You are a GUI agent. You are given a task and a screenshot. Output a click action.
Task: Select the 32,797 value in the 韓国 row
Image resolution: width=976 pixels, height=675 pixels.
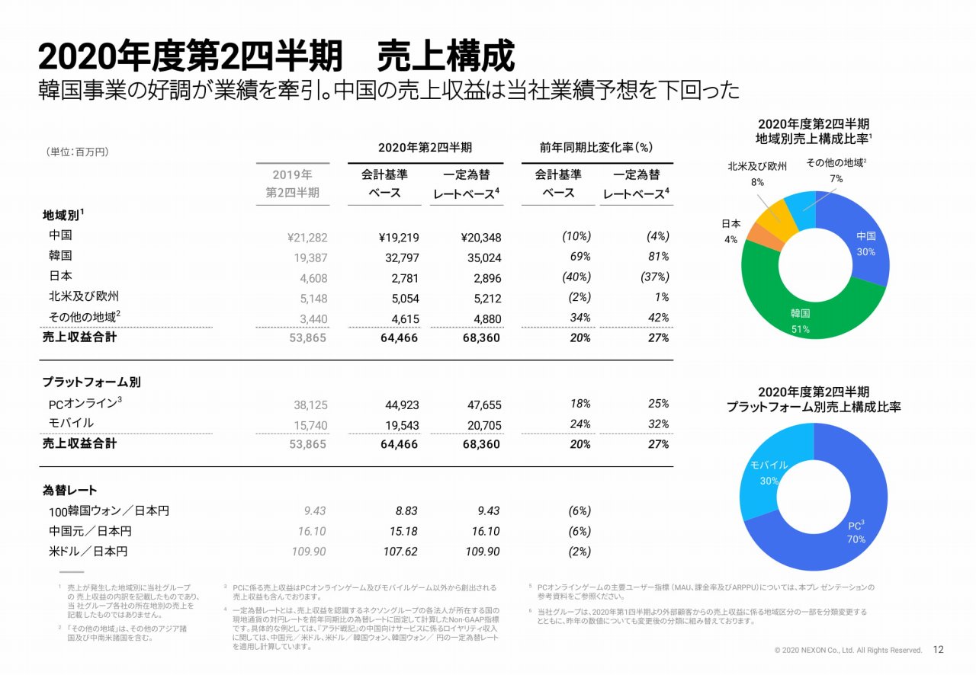401,258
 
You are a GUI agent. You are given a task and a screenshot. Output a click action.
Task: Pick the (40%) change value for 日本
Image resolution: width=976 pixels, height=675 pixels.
576,277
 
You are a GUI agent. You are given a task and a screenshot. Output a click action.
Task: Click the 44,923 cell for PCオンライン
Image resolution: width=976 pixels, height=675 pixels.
401,405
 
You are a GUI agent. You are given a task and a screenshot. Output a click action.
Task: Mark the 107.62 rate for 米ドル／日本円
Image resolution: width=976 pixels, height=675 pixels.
400,552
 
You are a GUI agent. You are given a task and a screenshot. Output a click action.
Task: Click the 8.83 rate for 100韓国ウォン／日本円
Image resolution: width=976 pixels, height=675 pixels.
404,511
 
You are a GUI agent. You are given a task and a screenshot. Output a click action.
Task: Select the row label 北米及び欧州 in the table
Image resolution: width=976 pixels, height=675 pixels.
84,296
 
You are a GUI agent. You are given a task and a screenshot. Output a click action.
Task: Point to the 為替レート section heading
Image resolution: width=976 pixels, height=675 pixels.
69,491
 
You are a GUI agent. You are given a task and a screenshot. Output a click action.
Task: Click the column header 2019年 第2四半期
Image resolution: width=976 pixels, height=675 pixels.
292,184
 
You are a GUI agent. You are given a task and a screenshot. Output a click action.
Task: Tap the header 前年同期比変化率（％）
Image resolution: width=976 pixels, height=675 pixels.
596,147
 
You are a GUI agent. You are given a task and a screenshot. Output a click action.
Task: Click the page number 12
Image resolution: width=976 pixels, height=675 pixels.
939,650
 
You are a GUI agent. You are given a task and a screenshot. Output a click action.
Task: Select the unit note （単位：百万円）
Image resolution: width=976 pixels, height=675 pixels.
77,152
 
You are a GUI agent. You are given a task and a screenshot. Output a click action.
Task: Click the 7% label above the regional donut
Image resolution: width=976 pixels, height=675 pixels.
836,178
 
